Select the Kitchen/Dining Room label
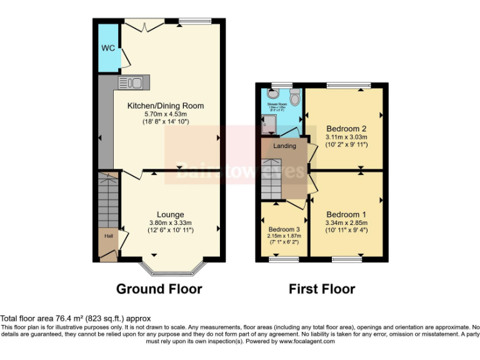[x=166, y=106]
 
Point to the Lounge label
[x=170, y=214]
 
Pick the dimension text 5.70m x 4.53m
[x=166, y=114]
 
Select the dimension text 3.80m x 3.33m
[x=170, y=222]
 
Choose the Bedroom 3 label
[x=284, y=229]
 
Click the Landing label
[x=285, y=146]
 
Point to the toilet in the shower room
[x=294, y=96]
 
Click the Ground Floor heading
[x=159, y=289]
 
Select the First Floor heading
[x=322, y=289]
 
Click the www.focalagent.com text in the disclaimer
[x=307, y=342]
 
